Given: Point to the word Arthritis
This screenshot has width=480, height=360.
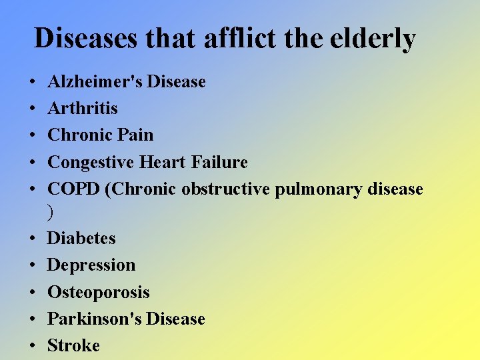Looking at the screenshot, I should (83, 109).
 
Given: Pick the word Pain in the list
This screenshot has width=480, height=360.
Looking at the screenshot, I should (135, 135).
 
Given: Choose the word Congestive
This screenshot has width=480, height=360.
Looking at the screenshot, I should (91, 163).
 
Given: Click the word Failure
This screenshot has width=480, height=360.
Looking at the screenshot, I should (219, 162).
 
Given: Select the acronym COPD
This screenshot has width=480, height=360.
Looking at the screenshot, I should (74, 189).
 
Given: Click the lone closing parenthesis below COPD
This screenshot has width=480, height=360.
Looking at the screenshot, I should (51, 212).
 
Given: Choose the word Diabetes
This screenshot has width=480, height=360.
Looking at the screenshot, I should (81, 238).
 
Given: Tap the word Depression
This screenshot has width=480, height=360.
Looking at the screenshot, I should (91, 265).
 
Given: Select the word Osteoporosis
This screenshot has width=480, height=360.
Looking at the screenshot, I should (99, 293).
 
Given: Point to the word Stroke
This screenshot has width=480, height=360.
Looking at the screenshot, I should (73, 345).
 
